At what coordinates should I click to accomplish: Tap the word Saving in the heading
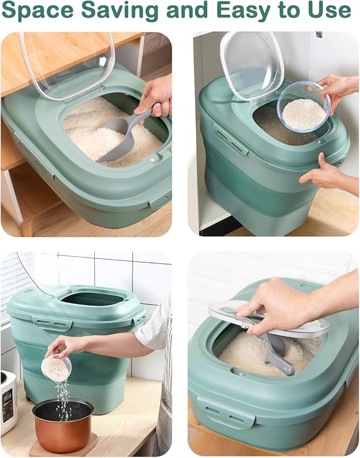[x=117, y=12]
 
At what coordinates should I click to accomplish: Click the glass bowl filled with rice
[x=303, y=108]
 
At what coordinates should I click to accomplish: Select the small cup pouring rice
[x=56, y=367]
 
